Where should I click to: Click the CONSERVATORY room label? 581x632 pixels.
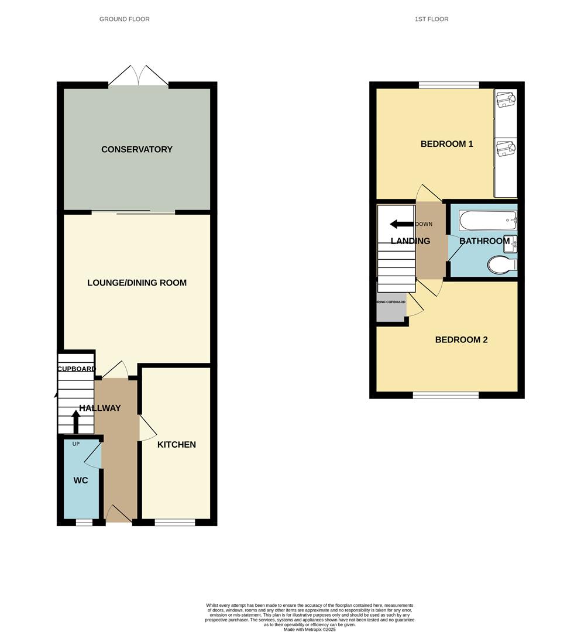tap(137, 149)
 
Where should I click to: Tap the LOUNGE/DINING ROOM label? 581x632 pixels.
tap(137, 283)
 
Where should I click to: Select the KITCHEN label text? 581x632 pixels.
tap(176, 445)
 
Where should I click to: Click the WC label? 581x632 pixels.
tap(81, 480)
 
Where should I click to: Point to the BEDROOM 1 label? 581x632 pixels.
tap(446, 144)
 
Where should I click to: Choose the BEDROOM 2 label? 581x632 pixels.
tap(461, 339)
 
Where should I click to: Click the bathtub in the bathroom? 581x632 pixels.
tap(488, 221)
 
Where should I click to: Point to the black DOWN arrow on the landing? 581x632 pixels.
tap(401, 224)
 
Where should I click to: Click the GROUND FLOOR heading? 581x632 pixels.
tap(124, 19)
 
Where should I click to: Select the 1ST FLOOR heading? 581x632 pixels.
tap(431, 19)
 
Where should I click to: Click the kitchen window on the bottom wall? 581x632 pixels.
tap(174, 522)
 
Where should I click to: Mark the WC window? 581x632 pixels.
tap(84, 522)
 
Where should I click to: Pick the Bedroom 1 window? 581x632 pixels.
tap(449, 85)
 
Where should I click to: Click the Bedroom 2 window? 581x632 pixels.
tap(446, 395)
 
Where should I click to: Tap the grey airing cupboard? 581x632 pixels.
tap(391, 307)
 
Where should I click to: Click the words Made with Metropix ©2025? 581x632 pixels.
tap(310, 629)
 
